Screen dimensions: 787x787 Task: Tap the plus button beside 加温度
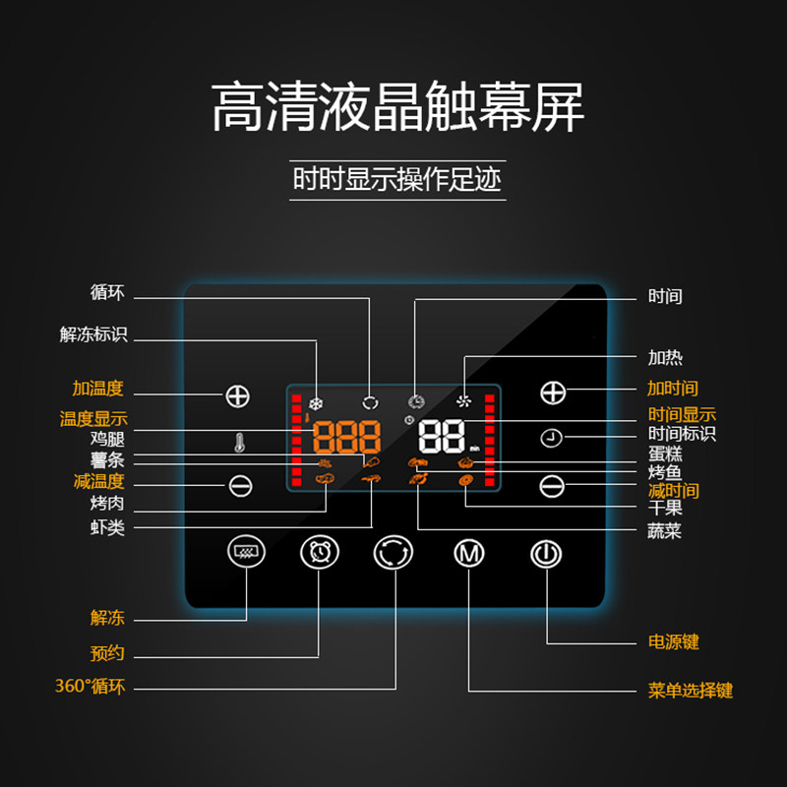pyautogui.click(x=238, y=396)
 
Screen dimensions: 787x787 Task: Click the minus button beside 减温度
pyautogui.click(x=240, y=485)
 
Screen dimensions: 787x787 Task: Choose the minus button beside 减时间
pyautogui.click(x=553, y=485)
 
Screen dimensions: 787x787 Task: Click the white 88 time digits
pyautogui.click(x=441, y=436)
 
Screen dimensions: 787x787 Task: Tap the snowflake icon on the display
pyautogui.click(x=317, y=401)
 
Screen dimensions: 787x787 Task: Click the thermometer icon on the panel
pyautogui.click(x=238, y=443)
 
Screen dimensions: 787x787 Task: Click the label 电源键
pyautogui.click(x=674, y=642)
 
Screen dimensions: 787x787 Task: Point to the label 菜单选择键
pyautogui.click(x=691, y=691)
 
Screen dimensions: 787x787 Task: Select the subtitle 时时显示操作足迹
pyautogui.click(x=397, y=180)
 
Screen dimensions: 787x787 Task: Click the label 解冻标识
pyautogui.click(x=93, y=334)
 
